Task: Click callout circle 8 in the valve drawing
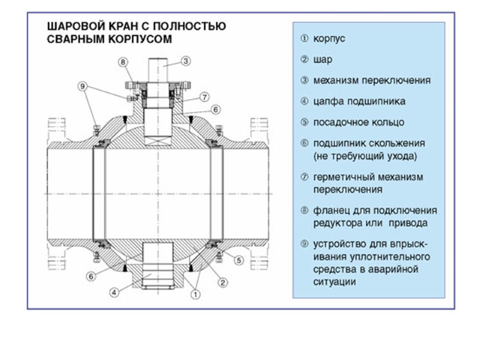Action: [122, 62]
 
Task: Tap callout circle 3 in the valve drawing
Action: [186, 61]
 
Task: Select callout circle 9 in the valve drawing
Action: [83, 86]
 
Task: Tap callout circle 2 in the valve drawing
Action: [222, 282]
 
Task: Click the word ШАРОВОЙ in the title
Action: [70, 26]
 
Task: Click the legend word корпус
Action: [330, 38]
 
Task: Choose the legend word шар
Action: [323, 59]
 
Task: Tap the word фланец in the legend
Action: [329, 211]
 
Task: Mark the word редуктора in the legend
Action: [335, 223]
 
